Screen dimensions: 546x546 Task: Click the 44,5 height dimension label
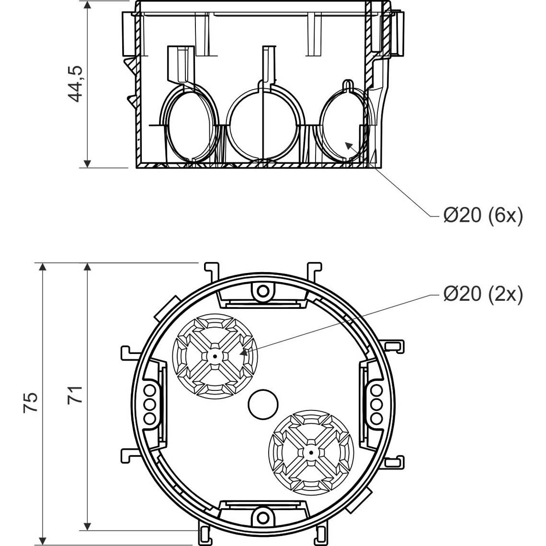76,83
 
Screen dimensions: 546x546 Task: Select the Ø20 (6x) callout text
483,216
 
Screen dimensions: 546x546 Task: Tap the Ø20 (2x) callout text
483,294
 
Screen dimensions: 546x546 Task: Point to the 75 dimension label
31,402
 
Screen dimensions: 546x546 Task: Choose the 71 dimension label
75,395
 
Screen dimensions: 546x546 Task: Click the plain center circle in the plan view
263,404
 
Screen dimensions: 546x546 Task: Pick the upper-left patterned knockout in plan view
215,356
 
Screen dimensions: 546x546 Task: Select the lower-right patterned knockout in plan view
311,452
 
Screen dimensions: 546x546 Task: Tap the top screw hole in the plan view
263,290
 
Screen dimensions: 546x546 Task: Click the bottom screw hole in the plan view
263,517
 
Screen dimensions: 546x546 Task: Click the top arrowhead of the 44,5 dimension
87,5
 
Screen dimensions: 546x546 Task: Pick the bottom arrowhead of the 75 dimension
43,541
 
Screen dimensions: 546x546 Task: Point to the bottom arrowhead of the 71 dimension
87,526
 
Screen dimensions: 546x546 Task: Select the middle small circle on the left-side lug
149,404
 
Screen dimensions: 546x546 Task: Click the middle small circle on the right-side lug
376,404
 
